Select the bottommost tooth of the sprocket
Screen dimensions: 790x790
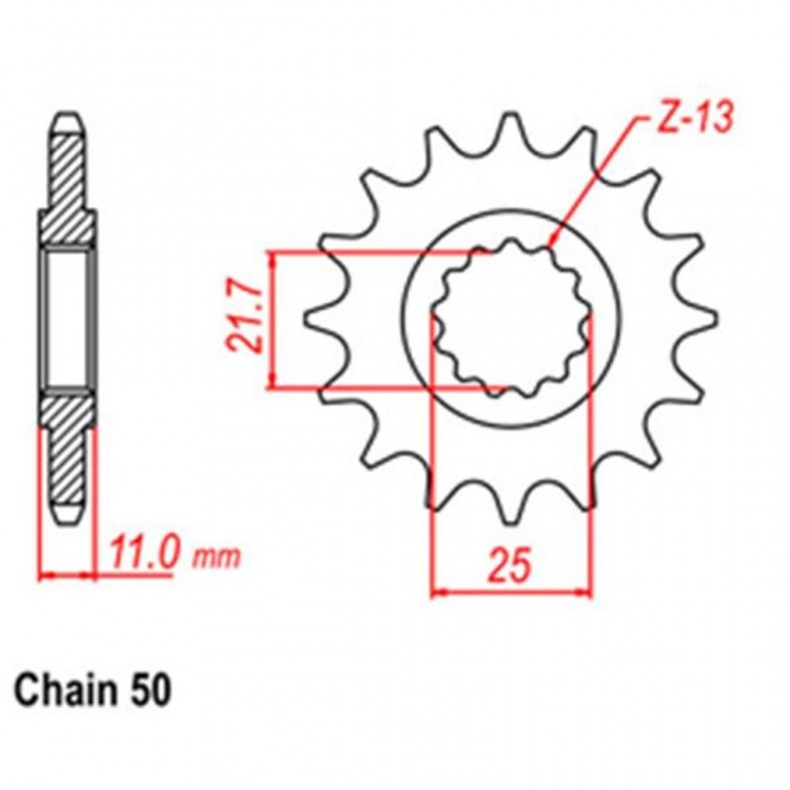pos(512,513)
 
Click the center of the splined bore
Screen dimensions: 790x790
pos(512,319)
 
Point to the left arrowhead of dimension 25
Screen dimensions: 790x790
pos(439,593)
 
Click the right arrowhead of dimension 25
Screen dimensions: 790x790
pos(586,593)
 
